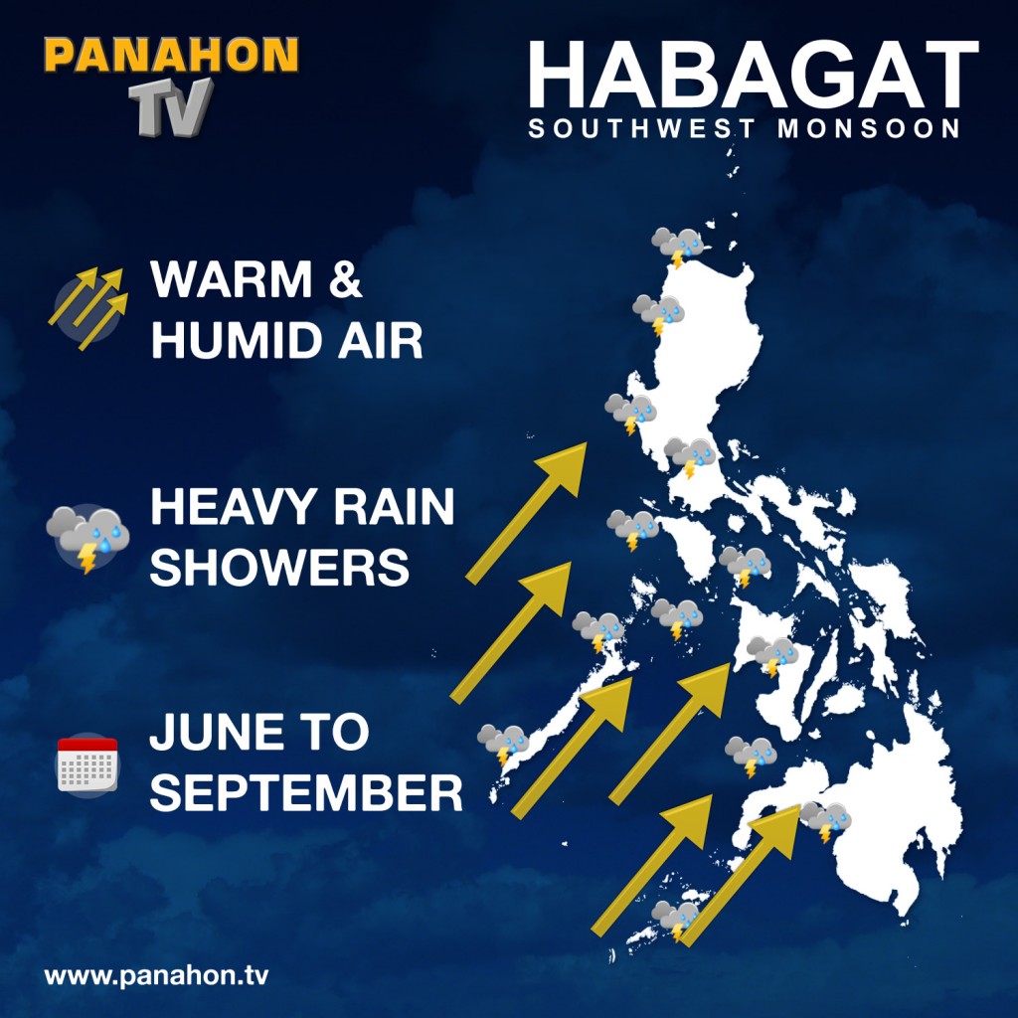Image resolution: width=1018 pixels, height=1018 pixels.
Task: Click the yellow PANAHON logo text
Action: point(171,55)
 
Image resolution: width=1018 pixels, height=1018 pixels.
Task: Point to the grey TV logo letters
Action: point(171,104)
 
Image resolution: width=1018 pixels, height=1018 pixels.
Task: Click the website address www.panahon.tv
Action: point(156,975)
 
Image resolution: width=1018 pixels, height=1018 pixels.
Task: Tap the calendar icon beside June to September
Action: point(87,763)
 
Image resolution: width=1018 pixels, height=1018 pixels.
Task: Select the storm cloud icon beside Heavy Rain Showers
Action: point(87,537)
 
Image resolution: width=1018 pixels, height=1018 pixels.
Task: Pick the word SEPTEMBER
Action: point(306,794)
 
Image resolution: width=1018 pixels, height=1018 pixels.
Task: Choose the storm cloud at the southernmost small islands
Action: point(676,920)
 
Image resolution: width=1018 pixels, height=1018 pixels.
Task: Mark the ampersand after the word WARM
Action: point(345,280)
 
